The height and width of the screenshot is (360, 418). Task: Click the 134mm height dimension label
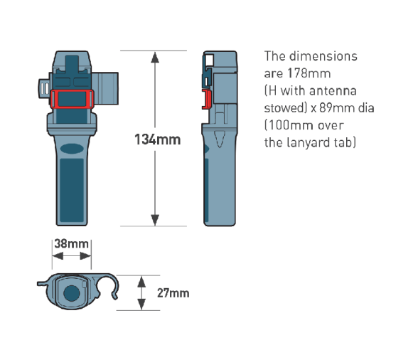point(158,139)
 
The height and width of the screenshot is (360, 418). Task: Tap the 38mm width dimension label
point(71,243)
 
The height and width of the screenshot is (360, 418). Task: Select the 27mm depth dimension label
point(173,293)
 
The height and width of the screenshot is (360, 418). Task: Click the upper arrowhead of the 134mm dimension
point(155,58)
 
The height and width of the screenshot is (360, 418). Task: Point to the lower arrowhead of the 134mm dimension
point(155,220)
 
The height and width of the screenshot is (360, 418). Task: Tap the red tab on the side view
point(207,100)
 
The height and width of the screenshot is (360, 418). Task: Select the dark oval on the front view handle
point(72,149)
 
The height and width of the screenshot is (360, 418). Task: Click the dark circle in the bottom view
point(71,293)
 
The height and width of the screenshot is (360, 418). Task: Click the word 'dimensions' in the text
point(323,56)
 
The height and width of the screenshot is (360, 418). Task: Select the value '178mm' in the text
point(309,73)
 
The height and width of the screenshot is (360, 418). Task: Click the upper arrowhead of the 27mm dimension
point(141,282)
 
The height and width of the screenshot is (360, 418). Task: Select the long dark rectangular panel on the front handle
point(71,190)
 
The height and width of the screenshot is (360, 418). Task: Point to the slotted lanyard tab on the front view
point(44,88)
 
